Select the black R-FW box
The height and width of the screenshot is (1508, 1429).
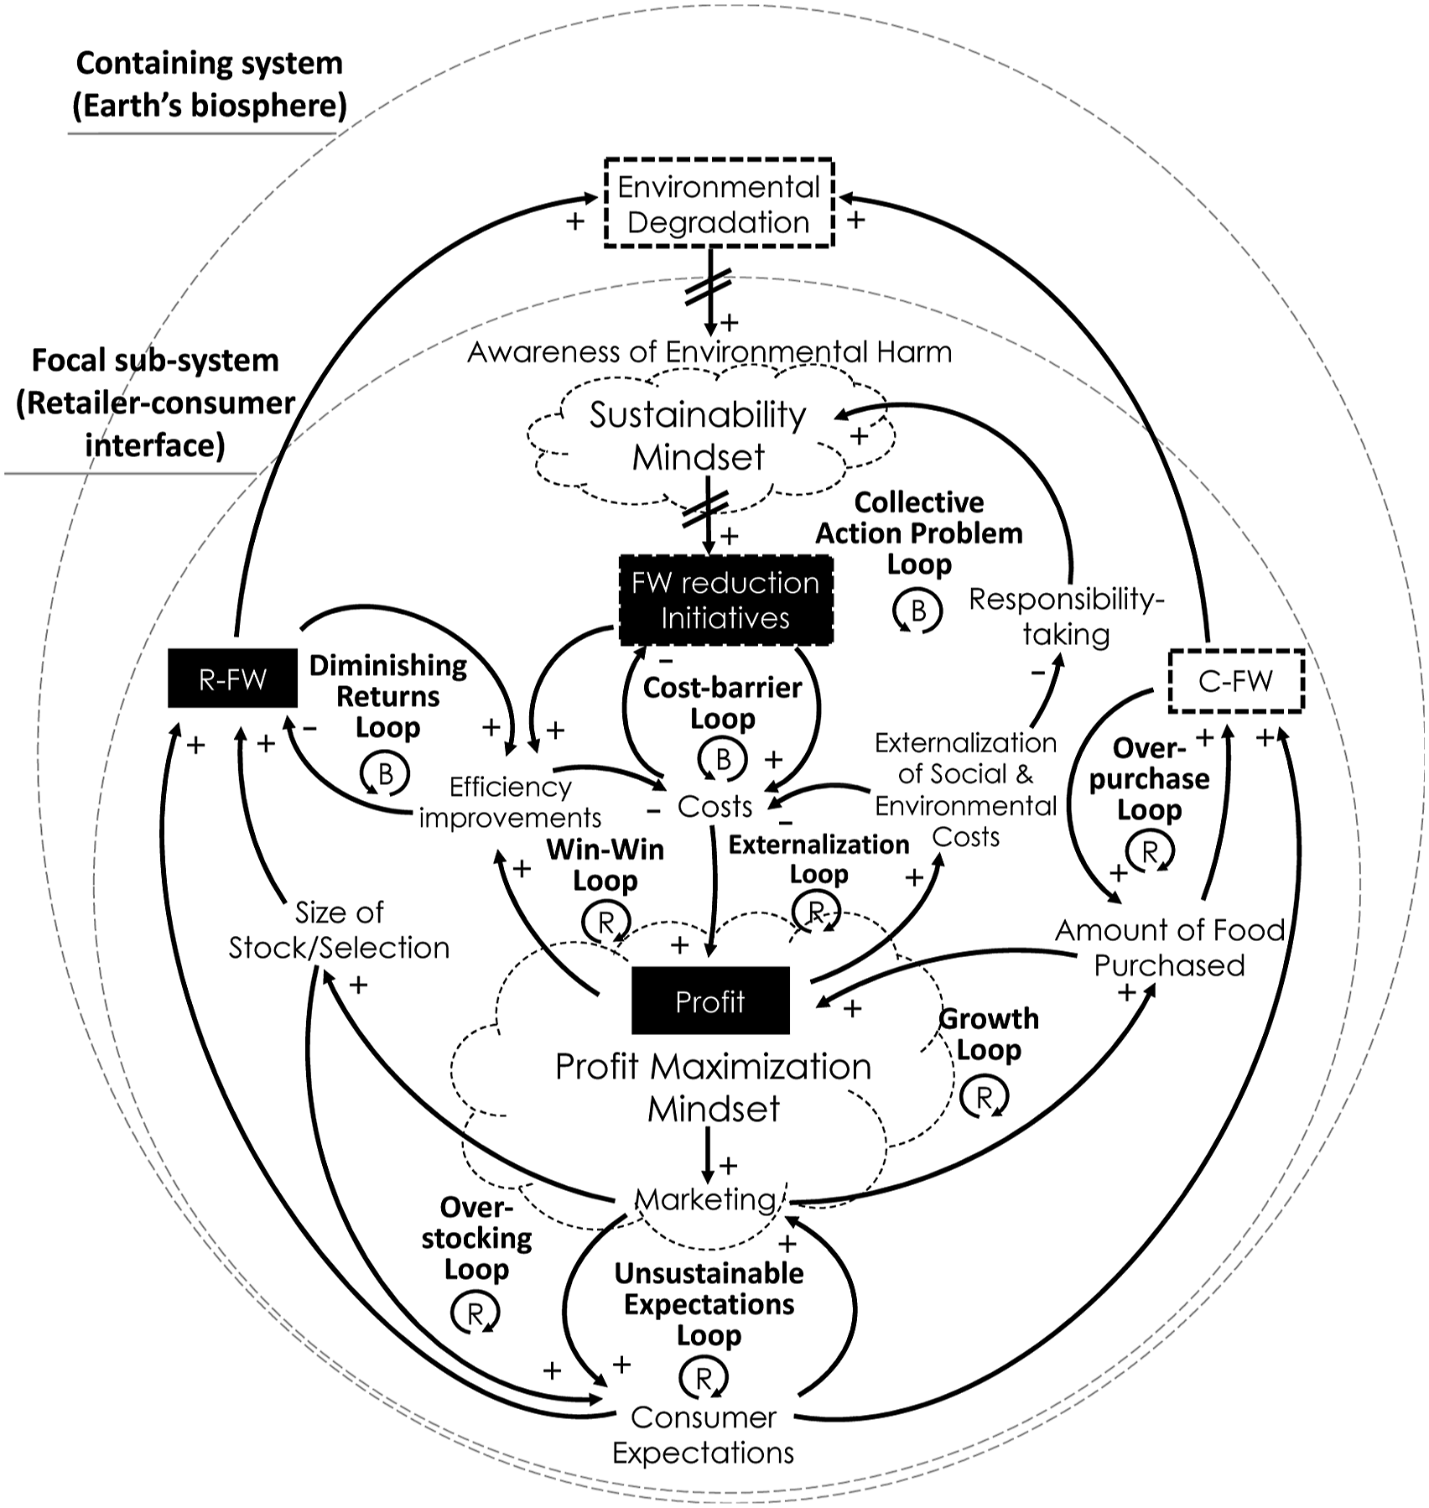(232, 678)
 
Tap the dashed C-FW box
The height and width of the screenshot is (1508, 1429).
(1236, 680)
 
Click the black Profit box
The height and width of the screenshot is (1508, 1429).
(710, 1001)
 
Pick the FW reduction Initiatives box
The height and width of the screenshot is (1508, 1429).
(725, 600)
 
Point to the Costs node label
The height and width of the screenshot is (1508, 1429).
(714, 806)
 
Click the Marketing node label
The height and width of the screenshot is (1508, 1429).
(706, 1199)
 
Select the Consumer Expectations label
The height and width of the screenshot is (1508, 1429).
(703, 1434)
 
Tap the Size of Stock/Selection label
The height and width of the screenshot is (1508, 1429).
(339, 929)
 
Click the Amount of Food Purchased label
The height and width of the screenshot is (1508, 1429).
(1170, 947)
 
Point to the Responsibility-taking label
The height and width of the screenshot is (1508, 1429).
(1067, 616)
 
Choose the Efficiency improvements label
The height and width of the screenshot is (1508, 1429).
(510, 802)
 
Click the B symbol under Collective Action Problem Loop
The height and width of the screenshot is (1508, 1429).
(917, 611)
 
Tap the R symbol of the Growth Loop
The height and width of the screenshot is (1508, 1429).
(985, 1095)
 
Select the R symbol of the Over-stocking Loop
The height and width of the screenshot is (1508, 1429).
(475, 1313)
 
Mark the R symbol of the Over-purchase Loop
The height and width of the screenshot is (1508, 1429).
(1150, 851)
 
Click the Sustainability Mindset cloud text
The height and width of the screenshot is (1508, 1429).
(698, 435)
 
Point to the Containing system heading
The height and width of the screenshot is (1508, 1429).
(210, 84)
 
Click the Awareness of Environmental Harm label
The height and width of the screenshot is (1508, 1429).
(709, 351)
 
